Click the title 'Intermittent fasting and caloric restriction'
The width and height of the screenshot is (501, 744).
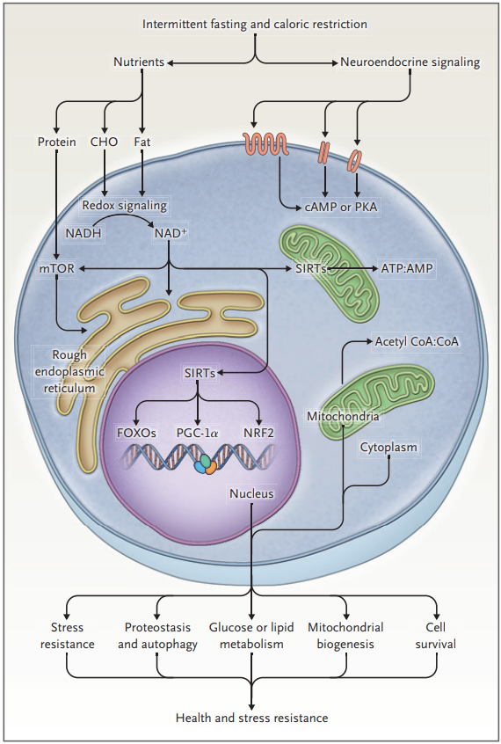255,25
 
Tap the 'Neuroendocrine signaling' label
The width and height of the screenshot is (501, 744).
410,62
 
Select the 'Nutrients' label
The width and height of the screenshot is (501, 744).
139,62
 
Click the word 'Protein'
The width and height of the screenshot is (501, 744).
57,142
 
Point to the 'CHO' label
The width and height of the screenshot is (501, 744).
104,142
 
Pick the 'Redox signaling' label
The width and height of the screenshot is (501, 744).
125,206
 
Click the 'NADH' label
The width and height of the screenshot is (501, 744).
83,233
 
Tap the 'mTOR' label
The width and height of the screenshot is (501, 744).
57,268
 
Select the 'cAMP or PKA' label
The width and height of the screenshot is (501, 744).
340,208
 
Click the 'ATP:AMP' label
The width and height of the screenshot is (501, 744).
407,268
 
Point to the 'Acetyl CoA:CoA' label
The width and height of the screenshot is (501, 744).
417,341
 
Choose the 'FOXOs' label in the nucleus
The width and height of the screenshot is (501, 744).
136,433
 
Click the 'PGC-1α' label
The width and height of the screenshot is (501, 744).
198,433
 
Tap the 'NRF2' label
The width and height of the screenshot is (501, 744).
258,433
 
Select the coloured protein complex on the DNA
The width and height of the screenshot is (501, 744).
206,464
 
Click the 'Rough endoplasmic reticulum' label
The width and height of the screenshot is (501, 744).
69,371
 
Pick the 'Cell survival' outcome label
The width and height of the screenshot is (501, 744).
436,636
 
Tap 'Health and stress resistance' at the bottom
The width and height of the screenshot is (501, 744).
251,718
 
